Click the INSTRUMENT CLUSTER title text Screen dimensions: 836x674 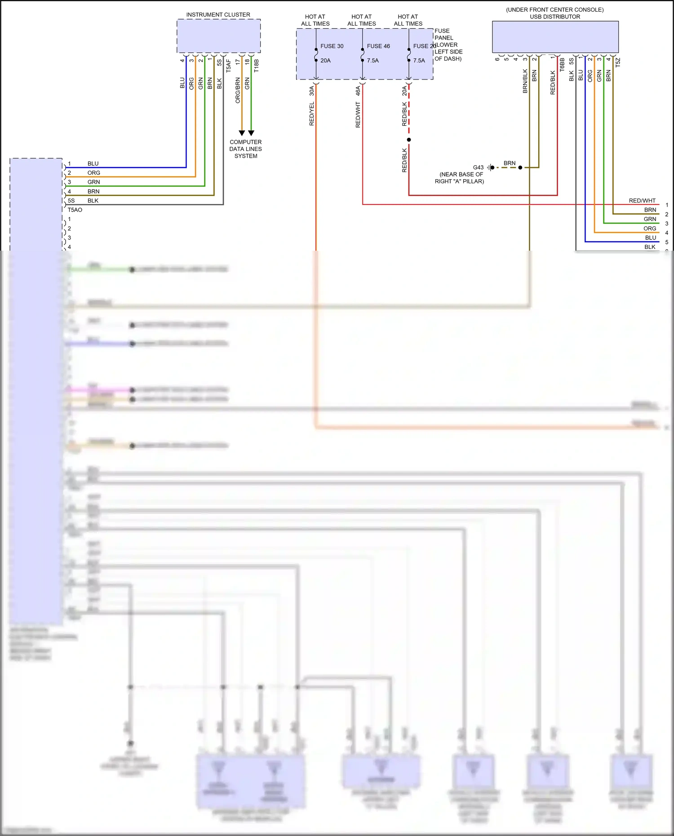pyautogui.click(x=218, y=15)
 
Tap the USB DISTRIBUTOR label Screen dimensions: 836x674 pyautogui.click(x=554, y=17)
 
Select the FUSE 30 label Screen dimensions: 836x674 pyautogui.click(x=332, y=46)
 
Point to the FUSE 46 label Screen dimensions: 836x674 pyautogui.click(x=378, y=46)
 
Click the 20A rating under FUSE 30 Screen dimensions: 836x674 pyautogui.click(x=325, y=61)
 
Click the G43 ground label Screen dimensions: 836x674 pyautogui.click(x=478, y=167)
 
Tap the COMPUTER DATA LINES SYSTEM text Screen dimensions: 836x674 pyautogui.click(x=245, y=149)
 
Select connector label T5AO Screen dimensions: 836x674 pyautogui.click(x=75, y=210)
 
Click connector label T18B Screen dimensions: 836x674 pyautogui.click(x=257, y=66)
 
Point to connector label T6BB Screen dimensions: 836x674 pyautogui.click(x=562, y=64)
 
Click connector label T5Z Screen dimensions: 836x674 pyautogui.click(x=618, y=62)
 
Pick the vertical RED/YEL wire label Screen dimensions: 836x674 pyautogui.click(x=311, y=114)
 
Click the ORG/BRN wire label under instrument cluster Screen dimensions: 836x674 pyautogui.click(x=238, y=90)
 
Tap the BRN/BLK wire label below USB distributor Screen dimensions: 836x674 pyautogui.click(x=525, y=81)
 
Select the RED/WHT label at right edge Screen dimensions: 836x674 pyautogui.click(x=642, y=201)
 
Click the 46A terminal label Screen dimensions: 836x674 pyautogui.click(x=358, y=91)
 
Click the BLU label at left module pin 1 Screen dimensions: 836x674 pyautogui.click(x=93, y=164)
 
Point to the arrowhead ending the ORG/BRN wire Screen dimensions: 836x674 pyautogui.click(x=242, y=133)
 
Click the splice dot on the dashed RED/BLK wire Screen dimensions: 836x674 pyautogui.click(x=409, y=140)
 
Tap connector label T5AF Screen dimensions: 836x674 pyautogui.click(x=228, y=66)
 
